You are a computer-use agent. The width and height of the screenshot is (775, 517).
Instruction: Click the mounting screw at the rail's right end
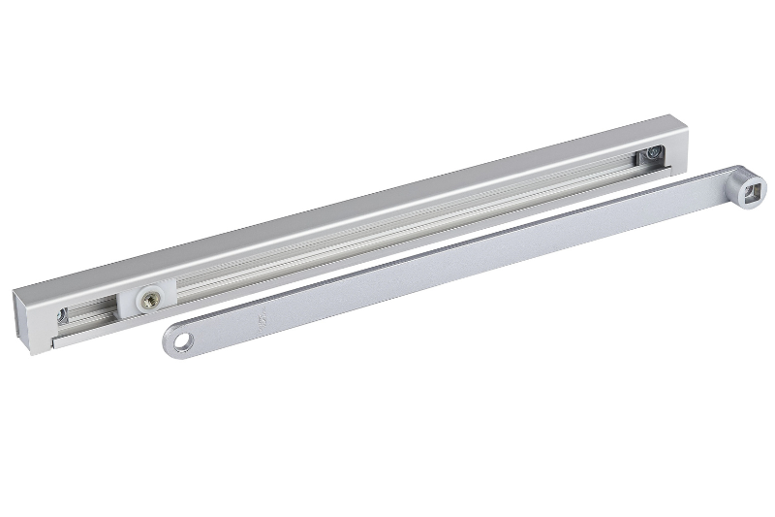(x=656, y=153)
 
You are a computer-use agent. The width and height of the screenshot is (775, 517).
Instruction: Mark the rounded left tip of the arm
(x=167, y=343)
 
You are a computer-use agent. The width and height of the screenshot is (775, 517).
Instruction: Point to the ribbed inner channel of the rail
(x=387, y=233)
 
